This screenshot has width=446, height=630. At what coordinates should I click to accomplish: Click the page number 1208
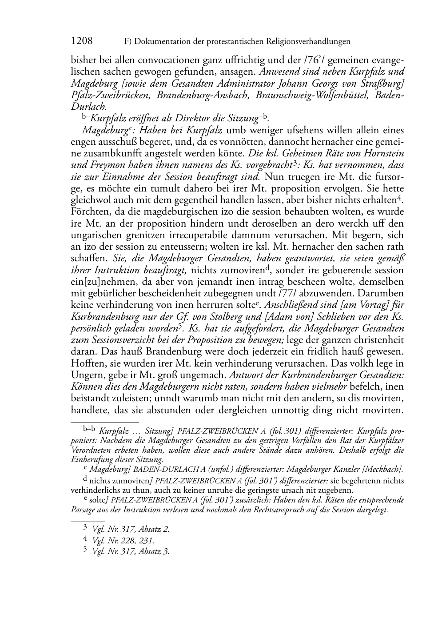pyautogui.click(x=82, y=41)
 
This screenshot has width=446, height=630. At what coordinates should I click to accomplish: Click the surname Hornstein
pyautogui.click(x=382, y=153)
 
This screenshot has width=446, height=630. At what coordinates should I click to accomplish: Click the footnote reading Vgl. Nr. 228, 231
pyautogui.click(x=123, y=541)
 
